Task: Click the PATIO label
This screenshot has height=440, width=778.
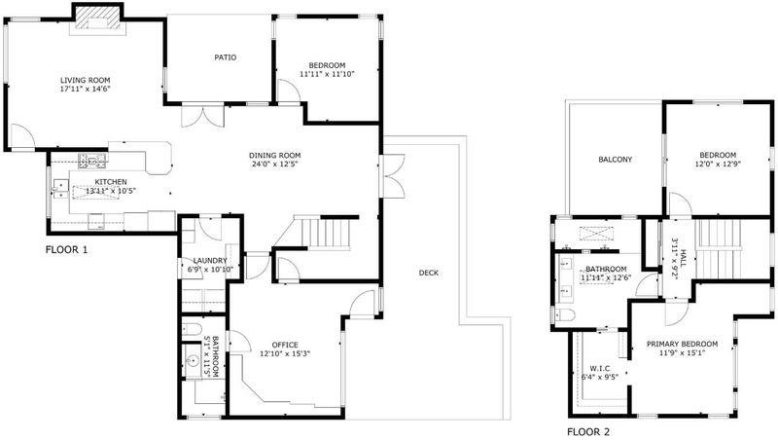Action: click(226, 57)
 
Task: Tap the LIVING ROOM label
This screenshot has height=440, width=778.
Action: click(86, 81)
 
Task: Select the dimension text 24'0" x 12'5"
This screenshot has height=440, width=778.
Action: click(275, 164)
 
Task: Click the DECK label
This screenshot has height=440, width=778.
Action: click(428, 273)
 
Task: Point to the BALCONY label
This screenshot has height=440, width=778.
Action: click(616, 160)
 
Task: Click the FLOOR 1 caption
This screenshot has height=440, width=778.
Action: click(66, 250)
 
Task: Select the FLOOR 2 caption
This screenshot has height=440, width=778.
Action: click(588, 432)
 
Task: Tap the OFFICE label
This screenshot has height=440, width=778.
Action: click(285, 345)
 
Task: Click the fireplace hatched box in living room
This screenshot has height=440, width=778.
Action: click(97, 20)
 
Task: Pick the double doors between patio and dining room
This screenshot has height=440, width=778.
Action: click(203, 115)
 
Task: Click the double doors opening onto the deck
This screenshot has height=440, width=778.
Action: click(393, 176)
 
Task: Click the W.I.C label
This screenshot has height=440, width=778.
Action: click(600, 368)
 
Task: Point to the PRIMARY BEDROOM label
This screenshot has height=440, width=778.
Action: click(683, 344)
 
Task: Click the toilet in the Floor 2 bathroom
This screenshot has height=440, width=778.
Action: click(565, 313)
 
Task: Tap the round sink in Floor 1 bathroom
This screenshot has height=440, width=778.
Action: click(193, 360)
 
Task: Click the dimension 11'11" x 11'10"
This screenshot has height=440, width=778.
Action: click(327, 74)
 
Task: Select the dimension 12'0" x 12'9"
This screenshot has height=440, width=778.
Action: click(718, 164)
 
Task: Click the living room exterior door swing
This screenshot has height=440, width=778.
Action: click(23, 135)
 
